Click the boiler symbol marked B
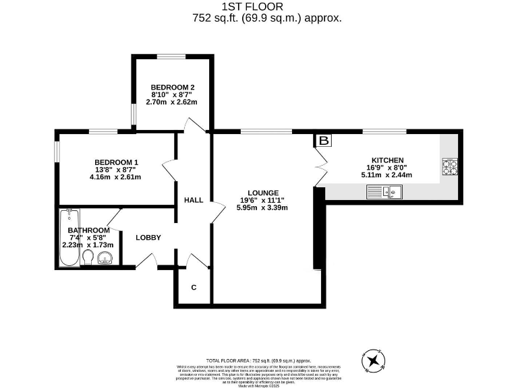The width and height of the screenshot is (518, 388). (324, 141)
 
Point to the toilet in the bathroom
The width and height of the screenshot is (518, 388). (88, 259)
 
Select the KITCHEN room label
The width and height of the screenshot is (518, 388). (387, 160)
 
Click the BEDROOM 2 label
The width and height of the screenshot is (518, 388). (173, 88)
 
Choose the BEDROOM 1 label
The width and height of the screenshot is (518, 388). (116, 162)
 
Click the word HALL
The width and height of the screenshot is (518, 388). (194, 200)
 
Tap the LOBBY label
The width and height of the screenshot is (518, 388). (148, 237)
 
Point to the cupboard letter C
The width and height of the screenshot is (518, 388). (194, 288)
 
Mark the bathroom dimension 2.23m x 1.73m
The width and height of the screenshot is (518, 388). (88, 245)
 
